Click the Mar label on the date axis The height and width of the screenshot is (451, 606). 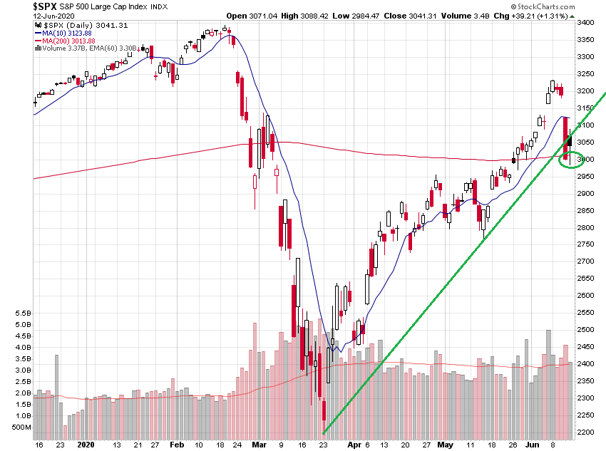(257, 444)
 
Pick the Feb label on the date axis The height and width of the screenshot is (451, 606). (177, 444)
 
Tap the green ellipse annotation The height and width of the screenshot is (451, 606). (572, 159)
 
